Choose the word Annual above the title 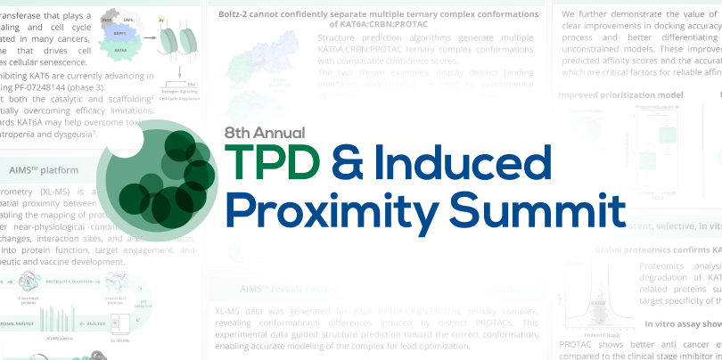click(283, 132)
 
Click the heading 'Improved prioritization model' click(620, 94)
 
